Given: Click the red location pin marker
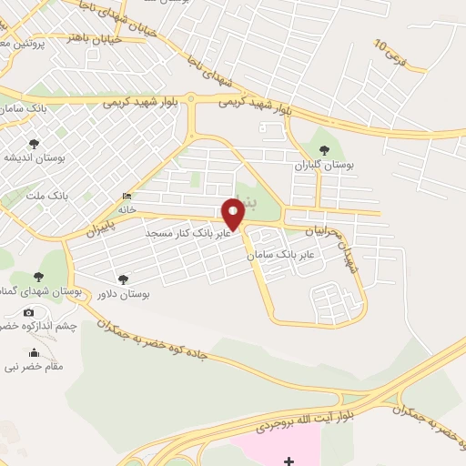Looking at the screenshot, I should [x=234, y=215].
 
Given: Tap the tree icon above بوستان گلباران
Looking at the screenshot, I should [x=324, y=151].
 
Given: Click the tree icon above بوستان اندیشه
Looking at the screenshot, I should [x=34, y=143].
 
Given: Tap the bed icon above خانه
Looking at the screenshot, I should [x=126, y=197].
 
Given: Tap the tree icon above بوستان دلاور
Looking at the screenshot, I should [x=123, y=279].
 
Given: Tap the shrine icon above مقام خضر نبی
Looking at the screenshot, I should [x=35, y=353].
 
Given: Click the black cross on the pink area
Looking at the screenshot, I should [x=289, y=461].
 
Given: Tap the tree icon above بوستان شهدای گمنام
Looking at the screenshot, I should [x=38, y=277].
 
